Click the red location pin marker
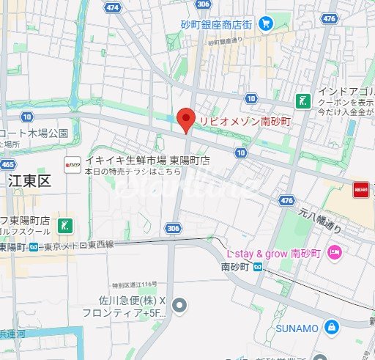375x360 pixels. click(186, 120)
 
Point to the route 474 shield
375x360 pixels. click(112, 7)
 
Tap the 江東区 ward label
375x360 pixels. click(29, 181)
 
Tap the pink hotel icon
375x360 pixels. click(335, 252)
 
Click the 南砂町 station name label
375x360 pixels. click(234, 268)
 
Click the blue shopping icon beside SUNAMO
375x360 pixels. click(332, 325)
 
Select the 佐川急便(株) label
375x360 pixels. click(128, 300)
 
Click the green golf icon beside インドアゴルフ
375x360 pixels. click(301, 100)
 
